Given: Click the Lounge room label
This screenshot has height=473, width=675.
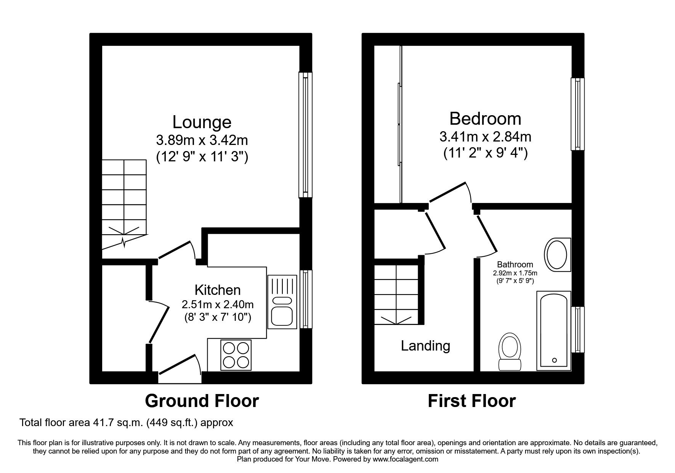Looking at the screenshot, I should [x=202, y=122].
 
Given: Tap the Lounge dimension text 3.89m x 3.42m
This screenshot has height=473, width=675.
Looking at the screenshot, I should [x=202, y=140].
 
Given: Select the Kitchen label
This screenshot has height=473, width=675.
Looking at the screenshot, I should [x=218, y=290].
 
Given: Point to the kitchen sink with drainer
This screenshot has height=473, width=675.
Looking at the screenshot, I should [x=282, y=302].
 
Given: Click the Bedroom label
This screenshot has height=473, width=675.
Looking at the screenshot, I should [x=485, y=119].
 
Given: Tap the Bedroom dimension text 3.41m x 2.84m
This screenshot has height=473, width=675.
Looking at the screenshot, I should [x=485, y=136].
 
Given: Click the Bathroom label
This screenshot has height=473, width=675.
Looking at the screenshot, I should [x=515, y=264].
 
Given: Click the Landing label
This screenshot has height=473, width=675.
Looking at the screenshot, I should [x=425, y=346].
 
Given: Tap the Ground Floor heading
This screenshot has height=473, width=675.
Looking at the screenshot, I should [x=202, y=401].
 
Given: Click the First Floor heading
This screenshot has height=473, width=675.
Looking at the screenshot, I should [x=471, y=401].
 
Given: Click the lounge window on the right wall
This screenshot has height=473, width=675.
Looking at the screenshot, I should [x=305, y=135].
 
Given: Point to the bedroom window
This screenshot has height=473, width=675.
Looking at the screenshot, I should [x=577, y=114].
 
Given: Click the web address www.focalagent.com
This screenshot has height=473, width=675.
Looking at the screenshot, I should [x=405, y=459].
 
